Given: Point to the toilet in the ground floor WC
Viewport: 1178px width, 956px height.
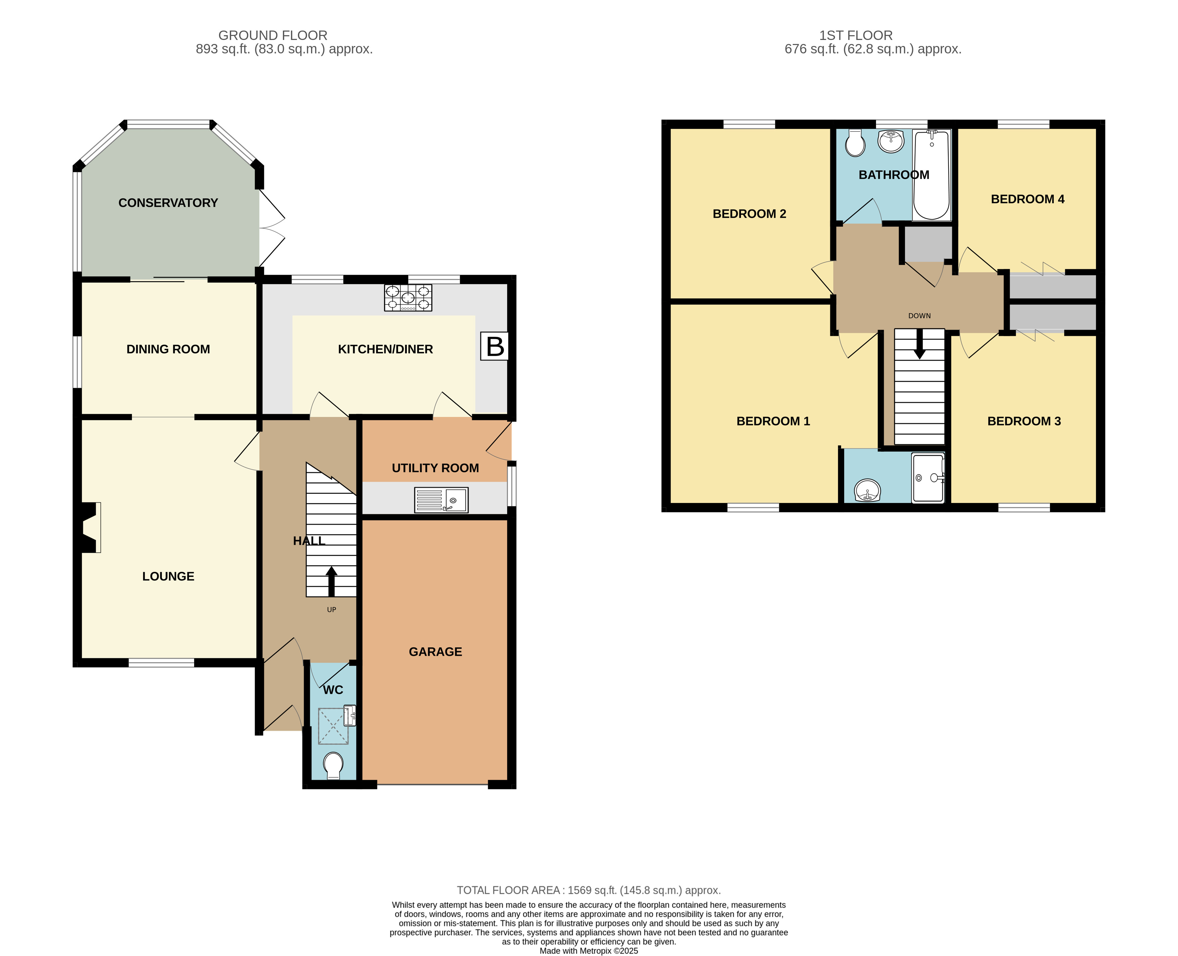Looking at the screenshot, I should coord(333,766).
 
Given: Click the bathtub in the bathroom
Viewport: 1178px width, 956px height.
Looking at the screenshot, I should coord(931,175).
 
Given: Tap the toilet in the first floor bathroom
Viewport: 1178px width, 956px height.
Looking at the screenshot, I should coord(855,144).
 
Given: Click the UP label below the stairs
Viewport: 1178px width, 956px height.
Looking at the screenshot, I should coord(332,609).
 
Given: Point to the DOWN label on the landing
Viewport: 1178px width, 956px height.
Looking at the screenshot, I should coord(919,316).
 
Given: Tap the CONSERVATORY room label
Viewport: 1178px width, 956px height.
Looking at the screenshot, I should coord(168,203).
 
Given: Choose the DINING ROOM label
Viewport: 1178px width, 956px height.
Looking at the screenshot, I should coord(168,349).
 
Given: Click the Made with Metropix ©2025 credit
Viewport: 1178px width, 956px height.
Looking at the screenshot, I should coord(588,951).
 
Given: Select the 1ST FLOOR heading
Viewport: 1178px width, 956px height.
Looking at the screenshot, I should coord(855,35).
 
